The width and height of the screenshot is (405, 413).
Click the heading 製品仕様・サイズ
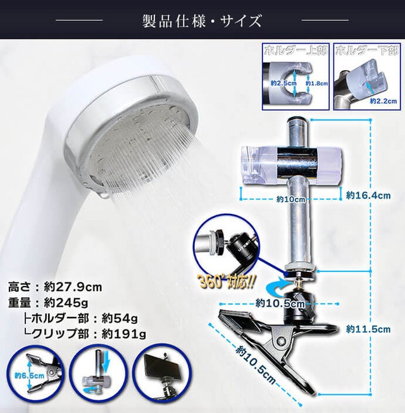point(202,21)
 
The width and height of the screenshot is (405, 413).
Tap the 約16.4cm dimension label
point(368,195)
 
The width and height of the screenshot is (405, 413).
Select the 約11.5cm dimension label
point(368,329)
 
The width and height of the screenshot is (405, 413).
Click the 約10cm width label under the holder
point(290,199)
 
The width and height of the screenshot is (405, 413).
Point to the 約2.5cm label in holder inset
point(283,83)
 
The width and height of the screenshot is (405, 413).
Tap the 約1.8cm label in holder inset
point(317,83)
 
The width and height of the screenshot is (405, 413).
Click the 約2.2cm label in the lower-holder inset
point(383,101)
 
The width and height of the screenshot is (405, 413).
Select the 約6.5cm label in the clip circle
point(30,375)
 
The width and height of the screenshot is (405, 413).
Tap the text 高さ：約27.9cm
point(55,287)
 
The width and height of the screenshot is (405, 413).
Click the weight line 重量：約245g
point(48,303)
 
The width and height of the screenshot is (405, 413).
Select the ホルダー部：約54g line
point(80,319)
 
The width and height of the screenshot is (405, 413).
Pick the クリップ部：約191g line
point(85,334)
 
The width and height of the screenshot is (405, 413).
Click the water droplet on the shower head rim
point(104,195)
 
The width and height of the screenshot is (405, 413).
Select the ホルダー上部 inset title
point(296,51)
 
